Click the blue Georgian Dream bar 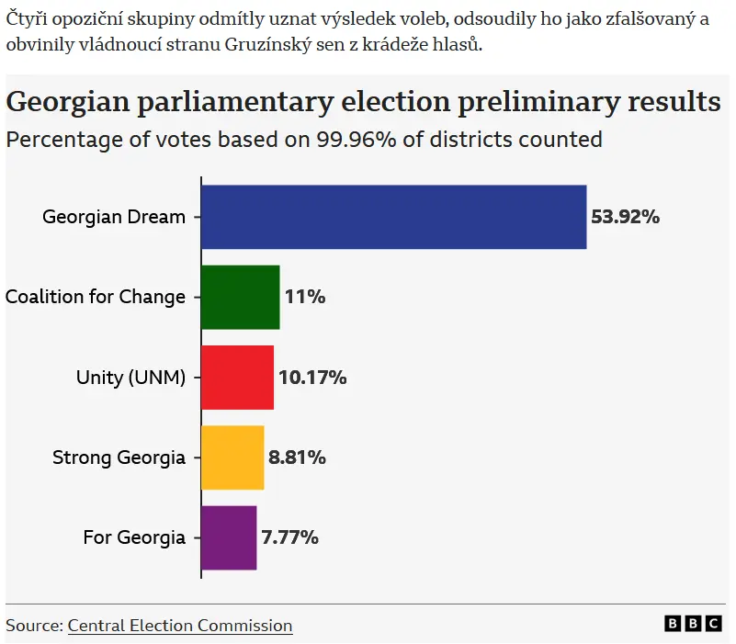[x=393, y=217]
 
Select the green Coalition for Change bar [x=240, y=297]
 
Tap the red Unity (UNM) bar [x=237, y=378]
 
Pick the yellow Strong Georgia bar [x=232, y=458]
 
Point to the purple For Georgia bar [x=229, y=537]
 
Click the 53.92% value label [x=625, y=218]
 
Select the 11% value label [x=305, y=298]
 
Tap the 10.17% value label [x=312, y=378]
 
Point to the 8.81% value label [x=297, y=458]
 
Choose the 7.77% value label [x=290, y=537]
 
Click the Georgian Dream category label [x=114, y=218]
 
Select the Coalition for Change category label [x=96, y=298]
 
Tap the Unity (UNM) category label [x=130, y=378]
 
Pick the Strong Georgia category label [x=119, y=458]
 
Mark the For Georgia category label [x=134, y=537]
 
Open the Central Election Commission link [x=180, y=626]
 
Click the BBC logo [x=693, y=624]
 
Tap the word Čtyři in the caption [x=28, y=19]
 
